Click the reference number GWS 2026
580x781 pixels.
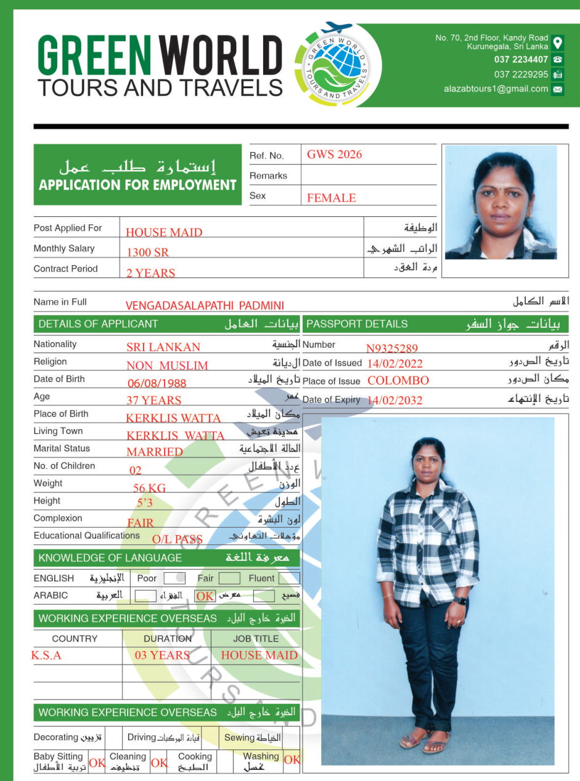tap(334, 155)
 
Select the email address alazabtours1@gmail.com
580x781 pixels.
tap(496, 89)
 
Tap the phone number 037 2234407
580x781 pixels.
tap(521, 60)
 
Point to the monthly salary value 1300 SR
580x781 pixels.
tap(147, 252)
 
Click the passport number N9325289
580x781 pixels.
tap(392, 348)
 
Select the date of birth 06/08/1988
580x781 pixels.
tap(157, 383)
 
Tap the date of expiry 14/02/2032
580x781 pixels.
tap(394, 400)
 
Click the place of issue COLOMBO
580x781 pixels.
tap(398, 380)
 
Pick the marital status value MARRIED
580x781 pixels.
tap(154, 452)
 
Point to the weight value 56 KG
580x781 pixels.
tap(149, 488)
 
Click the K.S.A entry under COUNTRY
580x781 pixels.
tap(46, 655)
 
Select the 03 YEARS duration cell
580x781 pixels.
tap(162, 655)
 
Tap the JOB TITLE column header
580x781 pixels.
tap(256, 639)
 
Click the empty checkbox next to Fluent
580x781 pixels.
tap(288, 578)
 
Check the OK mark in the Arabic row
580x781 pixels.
tap(205, 596)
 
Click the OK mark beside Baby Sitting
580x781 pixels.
tap(97, 763)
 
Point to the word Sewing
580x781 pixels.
tap(239, 737)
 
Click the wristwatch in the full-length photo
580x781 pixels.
tap(460, 600)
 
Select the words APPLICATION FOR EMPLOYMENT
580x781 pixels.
tap(137, 185)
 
